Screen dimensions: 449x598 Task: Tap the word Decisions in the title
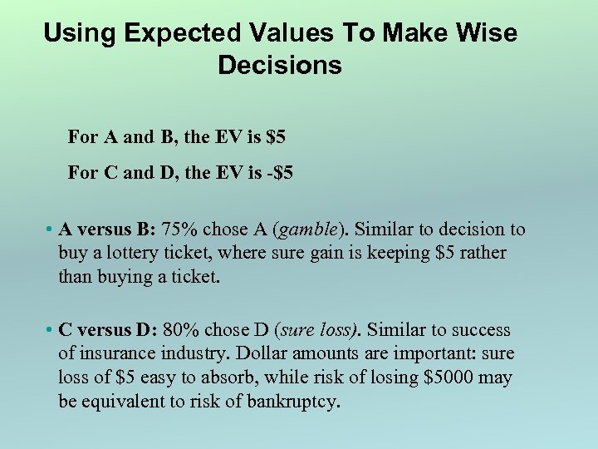(279, 65)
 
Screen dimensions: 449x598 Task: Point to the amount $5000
(451, 377)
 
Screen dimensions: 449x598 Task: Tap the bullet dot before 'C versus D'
(51, 331)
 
